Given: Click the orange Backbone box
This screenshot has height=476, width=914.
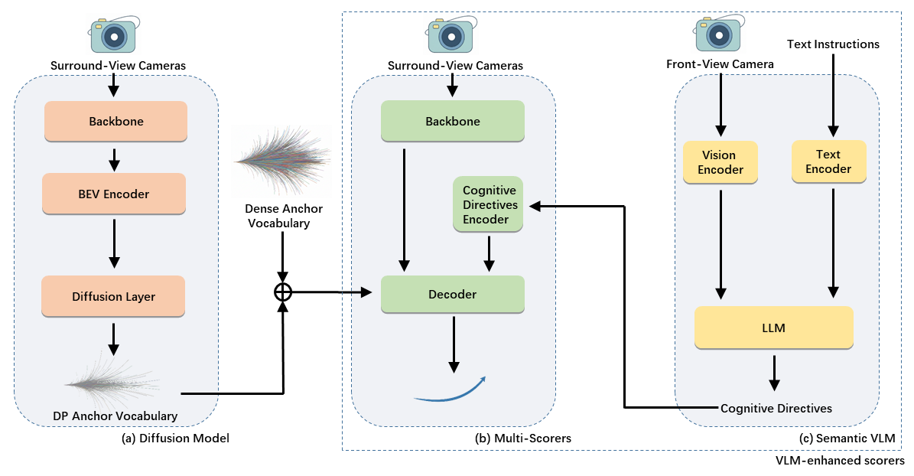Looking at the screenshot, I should pyautogui.click(x=115, y=122).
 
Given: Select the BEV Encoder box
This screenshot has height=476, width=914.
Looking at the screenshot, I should pyautogui.click(x=115, y=194).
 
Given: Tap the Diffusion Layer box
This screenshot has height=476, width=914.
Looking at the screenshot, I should pyautogui.click(x=115, y=297).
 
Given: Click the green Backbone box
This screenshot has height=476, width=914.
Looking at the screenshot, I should pyautogui.click(x=453, y=122).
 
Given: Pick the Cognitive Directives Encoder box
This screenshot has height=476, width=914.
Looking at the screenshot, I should pyautogui.click(x=490, y=204).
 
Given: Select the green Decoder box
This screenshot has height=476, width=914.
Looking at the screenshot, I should pyautogui.click(x=453, y=295).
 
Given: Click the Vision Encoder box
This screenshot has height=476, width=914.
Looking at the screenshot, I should pyautogui.click(x=720, y=162).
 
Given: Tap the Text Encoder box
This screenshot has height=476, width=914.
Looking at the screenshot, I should pyautogui.click(x=828, y=161).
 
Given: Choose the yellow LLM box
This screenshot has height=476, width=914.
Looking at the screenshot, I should pyautogui.click(x=773, y=328).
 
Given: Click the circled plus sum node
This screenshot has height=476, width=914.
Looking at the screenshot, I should pyautogui.click(x=284, y=292).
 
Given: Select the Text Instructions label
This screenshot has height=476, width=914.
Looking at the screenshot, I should pyautogui.click(x=833, y=44).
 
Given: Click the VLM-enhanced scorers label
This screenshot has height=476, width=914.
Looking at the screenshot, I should pyautogui.click(x=839, y=461).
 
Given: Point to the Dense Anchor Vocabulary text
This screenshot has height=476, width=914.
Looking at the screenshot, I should pyautogui.click(x=284, y=215).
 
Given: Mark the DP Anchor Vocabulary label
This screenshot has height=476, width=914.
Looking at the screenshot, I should pyautogui.click(x=115, y=416).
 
